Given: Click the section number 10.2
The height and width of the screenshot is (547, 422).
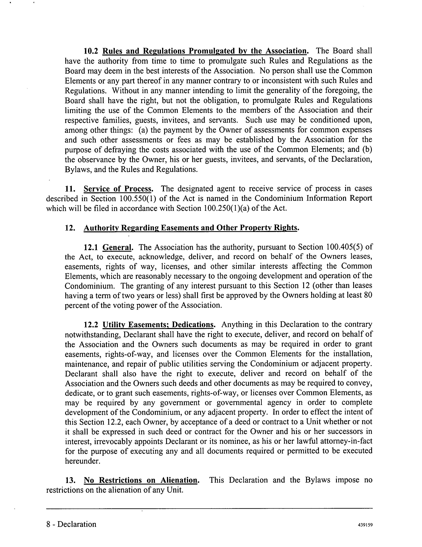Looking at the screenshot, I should click(x=92, y=51).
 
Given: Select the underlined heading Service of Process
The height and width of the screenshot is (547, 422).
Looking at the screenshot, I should click(x=118, y=189).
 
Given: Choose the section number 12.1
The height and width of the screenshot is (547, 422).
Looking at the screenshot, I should click(x=92, y=247).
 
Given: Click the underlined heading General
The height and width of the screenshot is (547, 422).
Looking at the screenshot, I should click(x=117, y=247).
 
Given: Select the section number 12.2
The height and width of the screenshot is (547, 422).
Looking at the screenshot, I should click(x=92, y=325).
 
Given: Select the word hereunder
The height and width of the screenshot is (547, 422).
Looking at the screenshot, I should click(x=83, y=461).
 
